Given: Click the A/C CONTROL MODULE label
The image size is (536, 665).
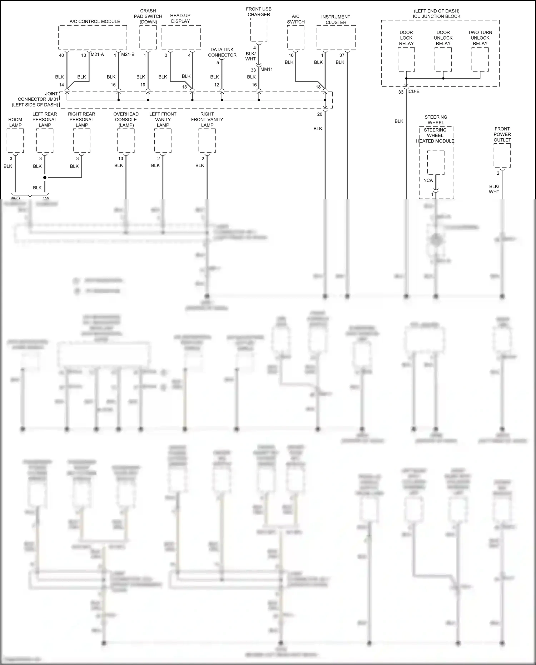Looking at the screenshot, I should (95, 21).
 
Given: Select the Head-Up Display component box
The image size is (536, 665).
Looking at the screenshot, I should (181, 38).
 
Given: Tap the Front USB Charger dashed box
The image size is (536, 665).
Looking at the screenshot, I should (259, 30).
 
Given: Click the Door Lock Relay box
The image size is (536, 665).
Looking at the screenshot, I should (406, 59).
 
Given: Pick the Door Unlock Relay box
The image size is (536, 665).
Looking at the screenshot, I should (443, 59).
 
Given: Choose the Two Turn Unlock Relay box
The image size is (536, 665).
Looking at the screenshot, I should (480, 59).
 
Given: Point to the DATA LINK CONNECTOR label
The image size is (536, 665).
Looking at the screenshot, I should (222, 52).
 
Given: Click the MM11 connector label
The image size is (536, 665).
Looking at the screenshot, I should (267, 69).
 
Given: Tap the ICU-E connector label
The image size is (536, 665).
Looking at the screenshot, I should (413, 91).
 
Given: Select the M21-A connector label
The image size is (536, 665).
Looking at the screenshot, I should (97, 55).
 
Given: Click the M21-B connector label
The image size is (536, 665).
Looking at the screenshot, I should (128, 55).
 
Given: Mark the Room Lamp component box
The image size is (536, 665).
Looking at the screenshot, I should (15, 141).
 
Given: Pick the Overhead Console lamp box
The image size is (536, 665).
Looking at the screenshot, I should (126, 141).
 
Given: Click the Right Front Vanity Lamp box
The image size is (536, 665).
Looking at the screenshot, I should (207, 141).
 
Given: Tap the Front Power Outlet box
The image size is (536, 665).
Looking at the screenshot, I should (502, 155).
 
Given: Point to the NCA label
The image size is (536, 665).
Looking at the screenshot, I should (428, 180).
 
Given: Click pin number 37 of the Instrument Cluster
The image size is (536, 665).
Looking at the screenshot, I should (342, 55).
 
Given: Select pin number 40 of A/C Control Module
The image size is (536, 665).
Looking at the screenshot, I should (61, 55).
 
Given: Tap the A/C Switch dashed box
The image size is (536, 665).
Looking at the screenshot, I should (296, 38).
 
